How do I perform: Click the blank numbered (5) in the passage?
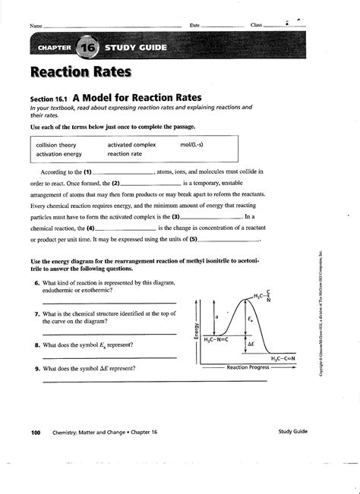(x=228, y=238)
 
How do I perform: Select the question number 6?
(x=36, y=283)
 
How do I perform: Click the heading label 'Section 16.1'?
(x=50, y=99)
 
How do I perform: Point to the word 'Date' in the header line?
(x=195, y=25)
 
